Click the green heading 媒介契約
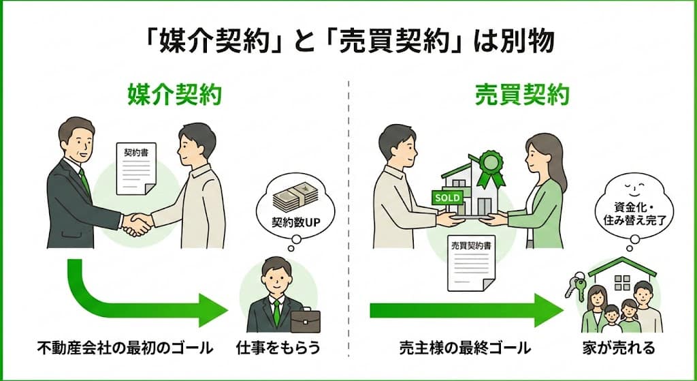tap(175, 96)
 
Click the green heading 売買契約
tap(521, 96)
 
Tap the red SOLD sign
tap(447, 197)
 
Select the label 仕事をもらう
tap(278, 349)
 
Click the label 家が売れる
tap(623, 349)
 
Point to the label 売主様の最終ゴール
tap(465, 349)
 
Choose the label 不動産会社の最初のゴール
tap(125, 349)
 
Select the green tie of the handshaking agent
tap(85, 183)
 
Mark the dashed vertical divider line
tap(348, 204)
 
